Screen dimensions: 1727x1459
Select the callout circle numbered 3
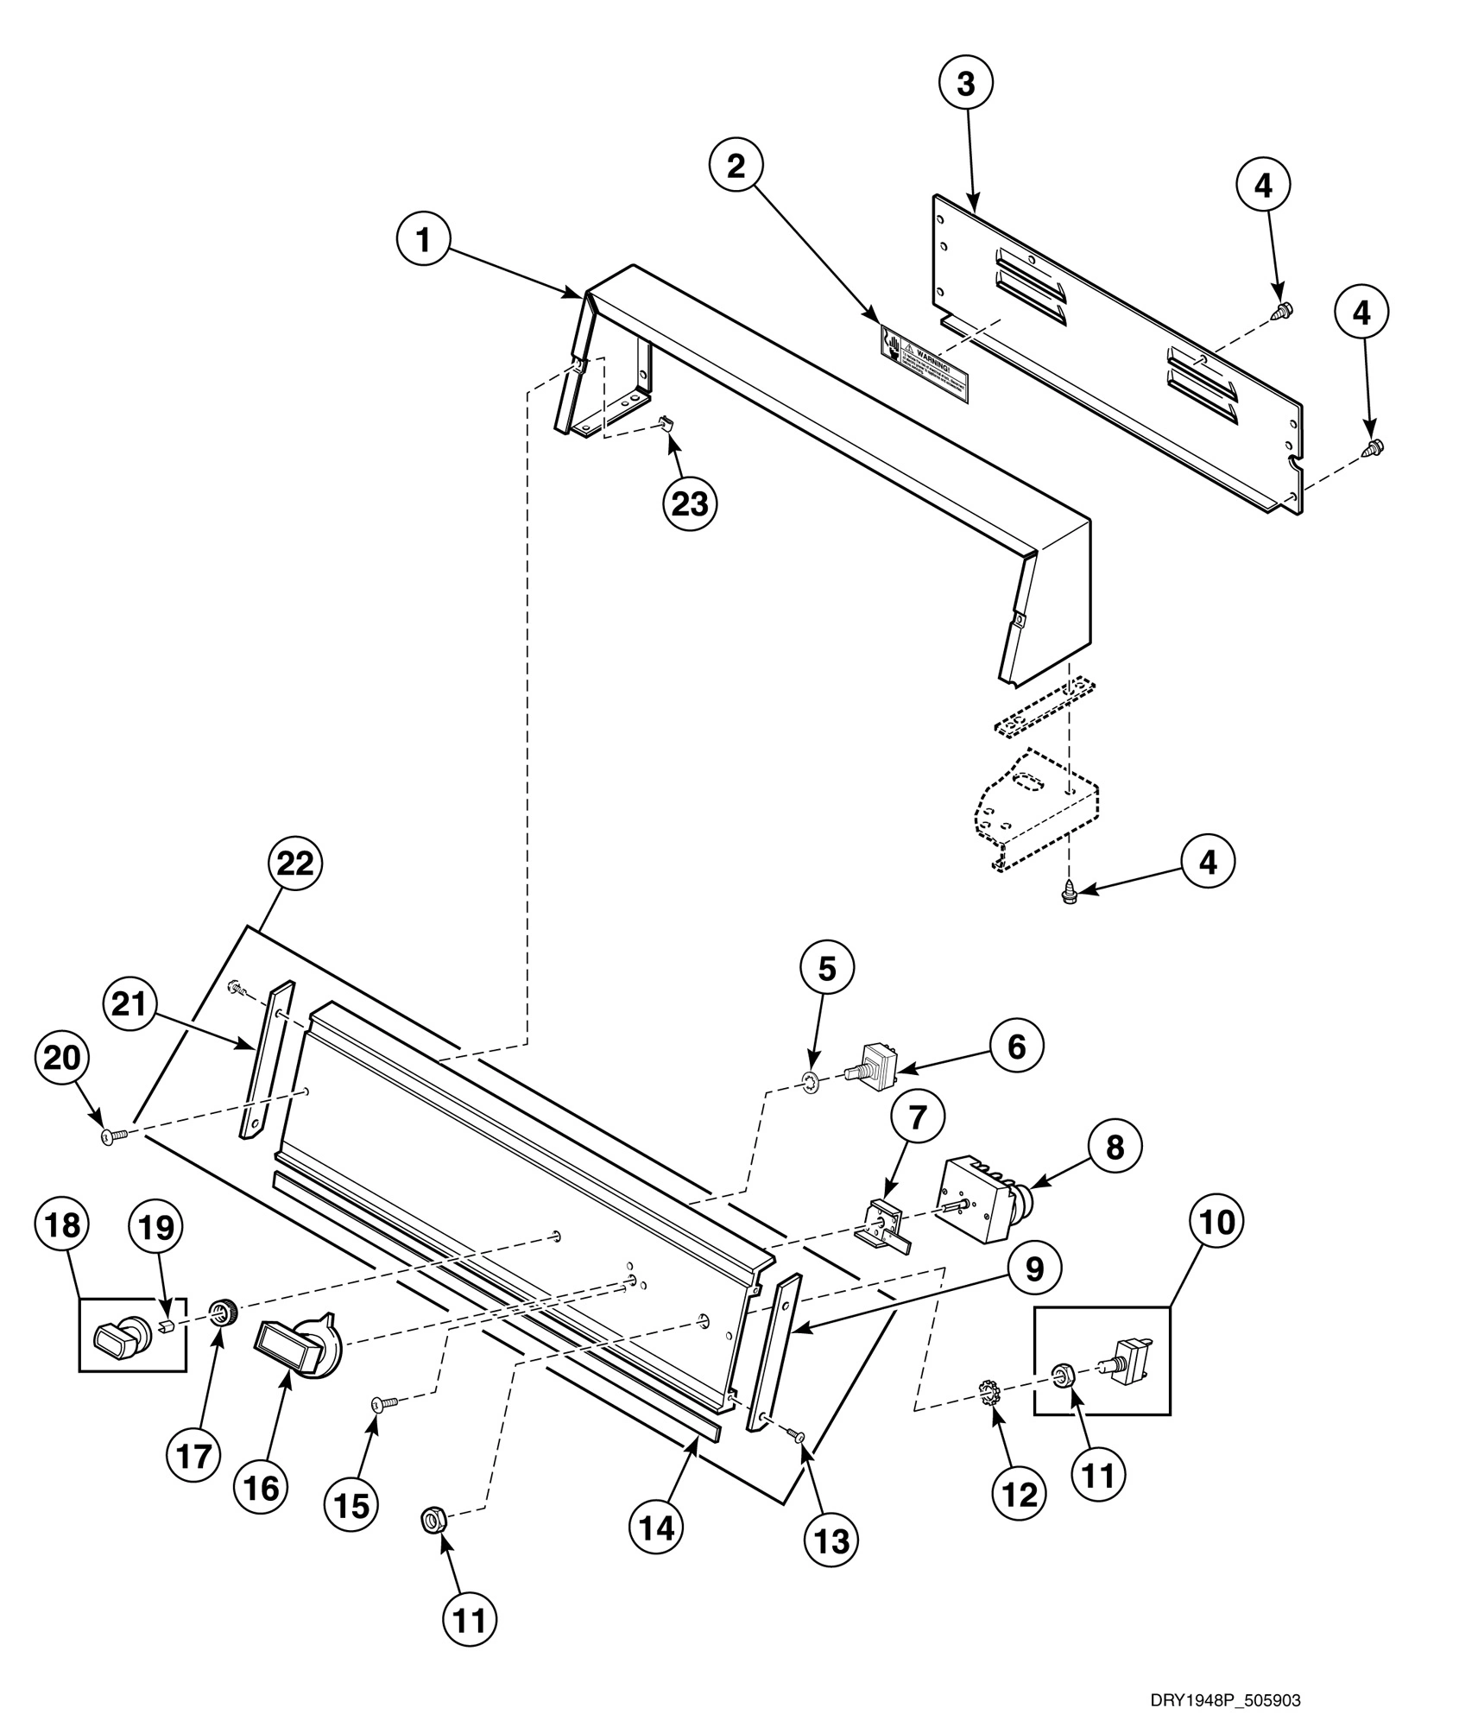tap(965, 85)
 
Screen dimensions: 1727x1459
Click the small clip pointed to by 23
tap(666, 423)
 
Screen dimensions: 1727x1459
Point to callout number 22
tap(294, 864)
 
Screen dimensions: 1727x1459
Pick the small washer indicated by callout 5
tap(810, 1079)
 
